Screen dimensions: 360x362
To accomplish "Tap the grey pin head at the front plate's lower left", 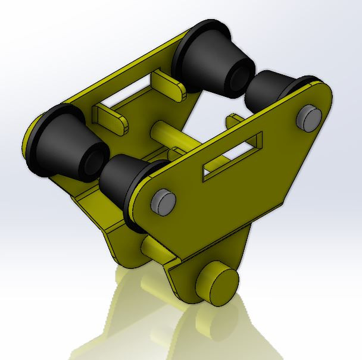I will [x=162, y=202].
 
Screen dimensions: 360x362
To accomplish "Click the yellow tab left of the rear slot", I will [x=110, y=118].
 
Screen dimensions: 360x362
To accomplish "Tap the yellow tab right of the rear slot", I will [x=170, y=83].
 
